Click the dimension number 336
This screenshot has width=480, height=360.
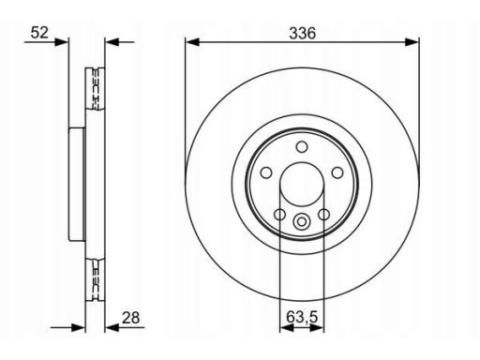(303, 33)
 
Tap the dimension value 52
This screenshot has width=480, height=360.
(39, 33)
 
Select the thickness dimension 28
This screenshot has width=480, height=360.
(131, 318)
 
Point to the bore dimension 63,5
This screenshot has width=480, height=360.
(302, 317)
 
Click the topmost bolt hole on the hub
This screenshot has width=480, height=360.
(302, 146)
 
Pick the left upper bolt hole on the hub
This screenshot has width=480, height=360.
(266, 172)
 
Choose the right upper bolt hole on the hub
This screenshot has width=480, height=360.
(337, 172)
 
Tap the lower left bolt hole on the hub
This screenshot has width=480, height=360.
(279, 215)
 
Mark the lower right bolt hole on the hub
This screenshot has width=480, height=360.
(323, 215)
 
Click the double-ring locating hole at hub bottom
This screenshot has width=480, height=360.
(302, 221)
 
